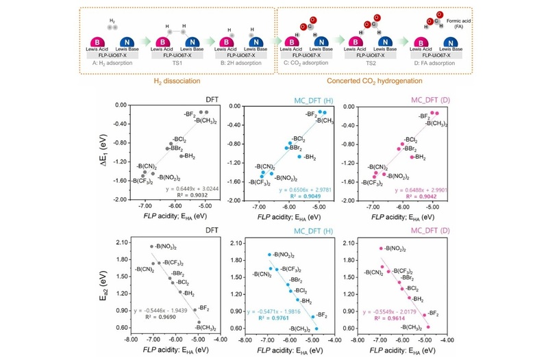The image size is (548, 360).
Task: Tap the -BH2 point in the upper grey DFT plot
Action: pos(182,156)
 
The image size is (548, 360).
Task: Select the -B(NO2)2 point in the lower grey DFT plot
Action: pos(151,246)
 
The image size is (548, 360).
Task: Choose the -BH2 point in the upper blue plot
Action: pos(299,157)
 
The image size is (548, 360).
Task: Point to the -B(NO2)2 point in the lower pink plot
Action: pos(381,248)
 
